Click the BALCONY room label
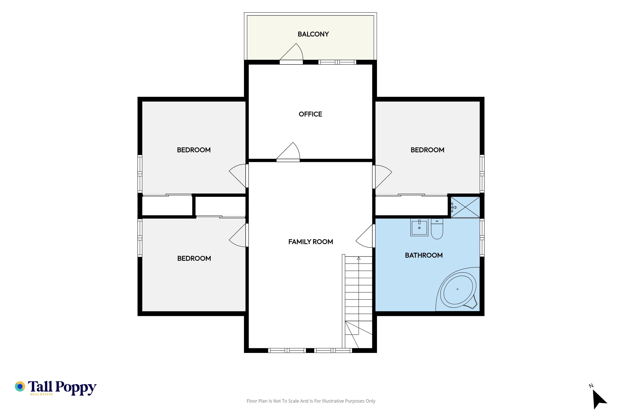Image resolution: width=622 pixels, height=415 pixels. [313, 34]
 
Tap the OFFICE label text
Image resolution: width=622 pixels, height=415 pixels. [310, 114]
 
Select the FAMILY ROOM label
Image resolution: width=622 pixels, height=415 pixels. [311, 242]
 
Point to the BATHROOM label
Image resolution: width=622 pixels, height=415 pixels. [424, 255]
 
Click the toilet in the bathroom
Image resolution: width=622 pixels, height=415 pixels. [437, 229]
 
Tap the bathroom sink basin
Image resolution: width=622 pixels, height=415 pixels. [419, 227]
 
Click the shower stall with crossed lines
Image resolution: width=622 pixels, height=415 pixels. [465, 207]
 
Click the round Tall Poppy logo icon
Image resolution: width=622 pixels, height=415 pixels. [20, 386]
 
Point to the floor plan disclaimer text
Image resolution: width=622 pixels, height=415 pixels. [311, 401]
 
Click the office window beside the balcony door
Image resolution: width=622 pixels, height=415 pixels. [337, 62]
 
